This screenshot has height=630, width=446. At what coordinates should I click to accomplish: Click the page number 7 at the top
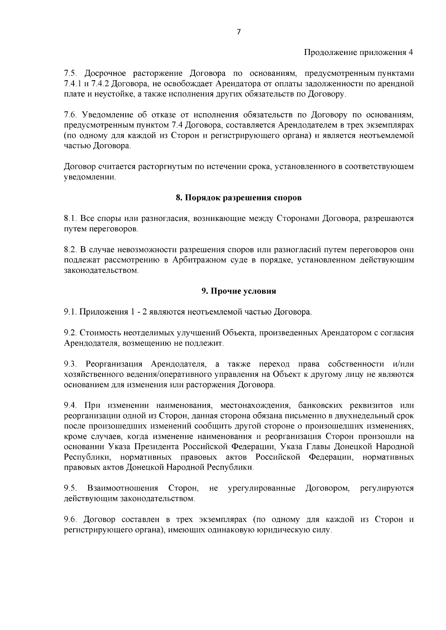[x=239, y=32]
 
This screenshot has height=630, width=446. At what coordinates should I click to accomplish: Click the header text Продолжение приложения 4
[x=359, y=52]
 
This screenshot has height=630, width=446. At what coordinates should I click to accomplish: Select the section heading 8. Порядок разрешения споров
[x=239, y=198]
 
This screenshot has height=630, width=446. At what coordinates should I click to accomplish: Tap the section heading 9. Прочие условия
[x=239, y=291]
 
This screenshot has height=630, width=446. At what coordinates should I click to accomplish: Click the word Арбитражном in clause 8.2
[x=200, y=260]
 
